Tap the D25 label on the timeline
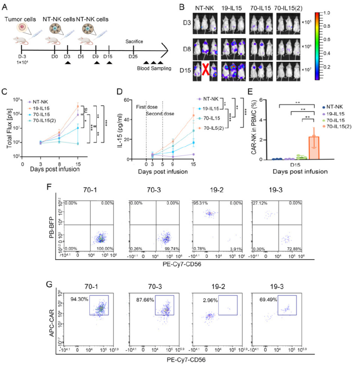pos(132,56)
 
